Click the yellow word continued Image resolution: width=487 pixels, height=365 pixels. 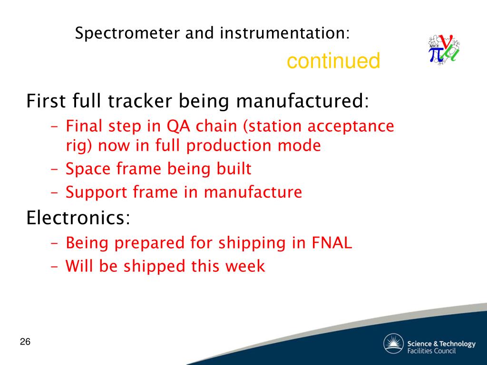(333, 60)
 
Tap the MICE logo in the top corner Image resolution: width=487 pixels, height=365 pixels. (444, 49)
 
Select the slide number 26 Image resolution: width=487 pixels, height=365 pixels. (25, 342)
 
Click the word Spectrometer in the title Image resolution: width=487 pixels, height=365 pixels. (127, 33)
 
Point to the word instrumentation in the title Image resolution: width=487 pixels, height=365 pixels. (284, 33)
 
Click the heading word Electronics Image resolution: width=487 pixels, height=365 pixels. (78, 217)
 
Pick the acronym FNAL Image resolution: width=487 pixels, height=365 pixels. (331, 242)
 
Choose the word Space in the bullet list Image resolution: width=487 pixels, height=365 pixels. (88, 169)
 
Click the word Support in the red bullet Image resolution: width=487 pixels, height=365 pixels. (96, 192)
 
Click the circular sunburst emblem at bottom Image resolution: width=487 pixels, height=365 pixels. (393, 344)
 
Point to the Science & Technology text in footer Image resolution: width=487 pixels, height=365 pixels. (441, 344)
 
